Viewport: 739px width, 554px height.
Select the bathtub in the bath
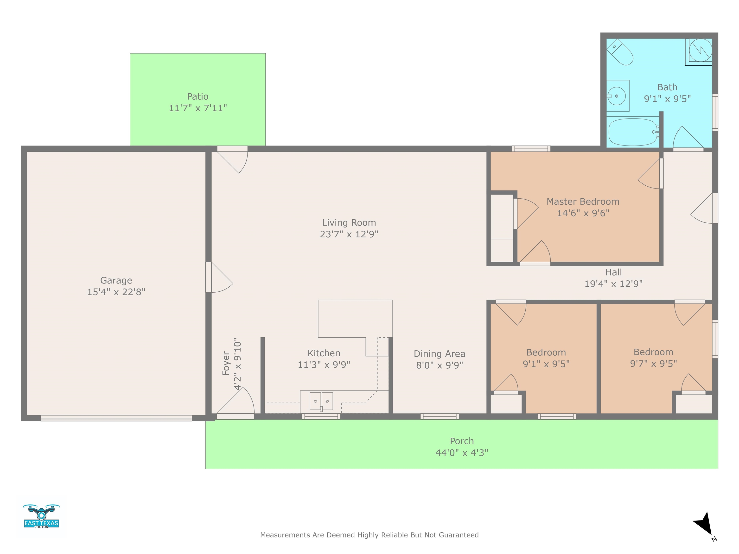tap(633, 132)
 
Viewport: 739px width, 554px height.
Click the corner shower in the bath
tap(699, 52)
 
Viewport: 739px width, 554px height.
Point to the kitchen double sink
tap(321, 401)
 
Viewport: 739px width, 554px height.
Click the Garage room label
tap(116, 281)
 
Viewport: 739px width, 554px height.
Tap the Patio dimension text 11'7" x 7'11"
tap(198, 108)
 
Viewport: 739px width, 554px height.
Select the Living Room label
tap(349, 223)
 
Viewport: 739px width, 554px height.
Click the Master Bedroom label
tap(583, 202)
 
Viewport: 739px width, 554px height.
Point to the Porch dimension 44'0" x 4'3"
tap(462, 453)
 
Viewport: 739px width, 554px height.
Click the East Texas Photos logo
tap(41, 516)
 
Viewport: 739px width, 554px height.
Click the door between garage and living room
tap(219, 277)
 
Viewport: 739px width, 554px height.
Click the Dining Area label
tap(439, 354)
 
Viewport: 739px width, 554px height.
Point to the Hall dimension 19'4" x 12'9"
tap(613, 284)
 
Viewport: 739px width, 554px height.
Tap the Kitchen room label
tap(324, 353)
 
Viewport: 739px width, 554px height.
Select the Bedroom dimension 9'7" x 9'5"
tap(653, 364)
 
